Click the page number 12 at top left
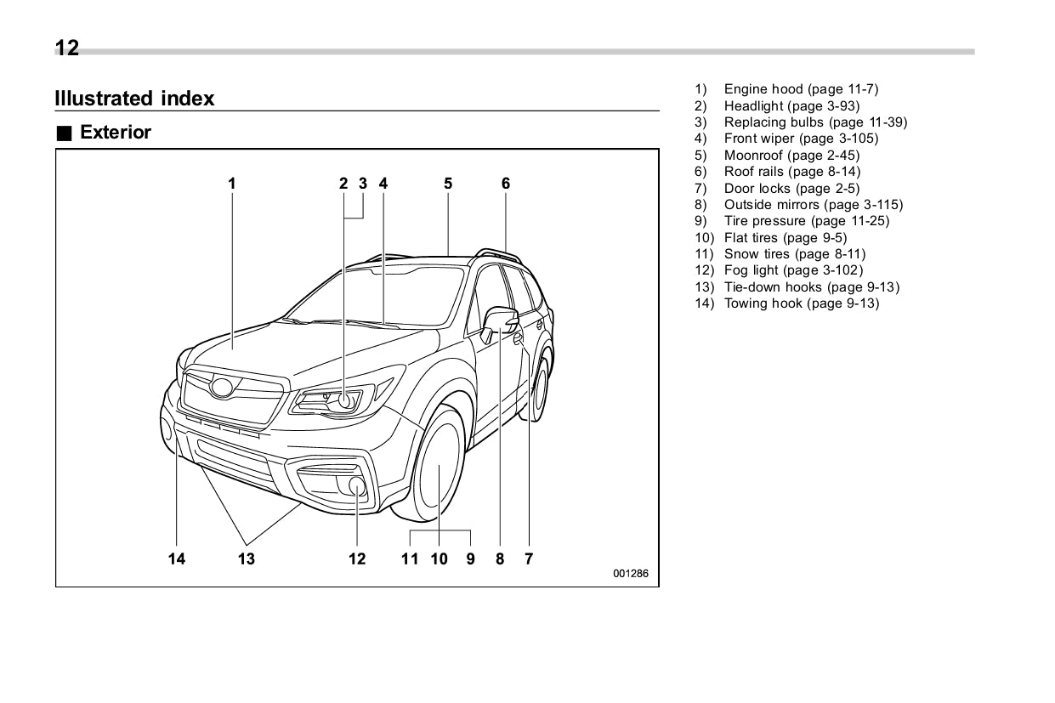tap(66, 48)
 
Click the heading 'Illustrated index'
tap(134, 99)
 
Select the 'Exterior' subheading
tap(115, 133)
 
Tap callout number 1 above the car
tap(231, 183)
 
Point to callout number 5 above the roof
tap(448, 183)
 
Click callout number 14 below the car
tap(176, 558)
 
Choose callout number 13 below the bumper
tap(246, 558)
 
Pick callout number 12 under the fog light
tap(357, 558)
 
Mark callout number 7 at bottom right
tap(529, 558)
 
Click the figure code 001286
tap(631, 574)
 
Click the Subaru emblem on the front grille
tap(224, 388)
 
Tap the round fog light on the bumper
tap(357, 486)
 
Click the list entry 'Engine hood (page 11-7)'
tap(800, 89)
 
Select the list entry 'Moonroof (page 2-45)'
tap(791, 156)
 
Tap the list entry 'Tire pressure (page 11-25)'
tap(806, 221)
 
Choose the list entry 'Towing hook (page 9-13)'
tap(801, 303)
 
